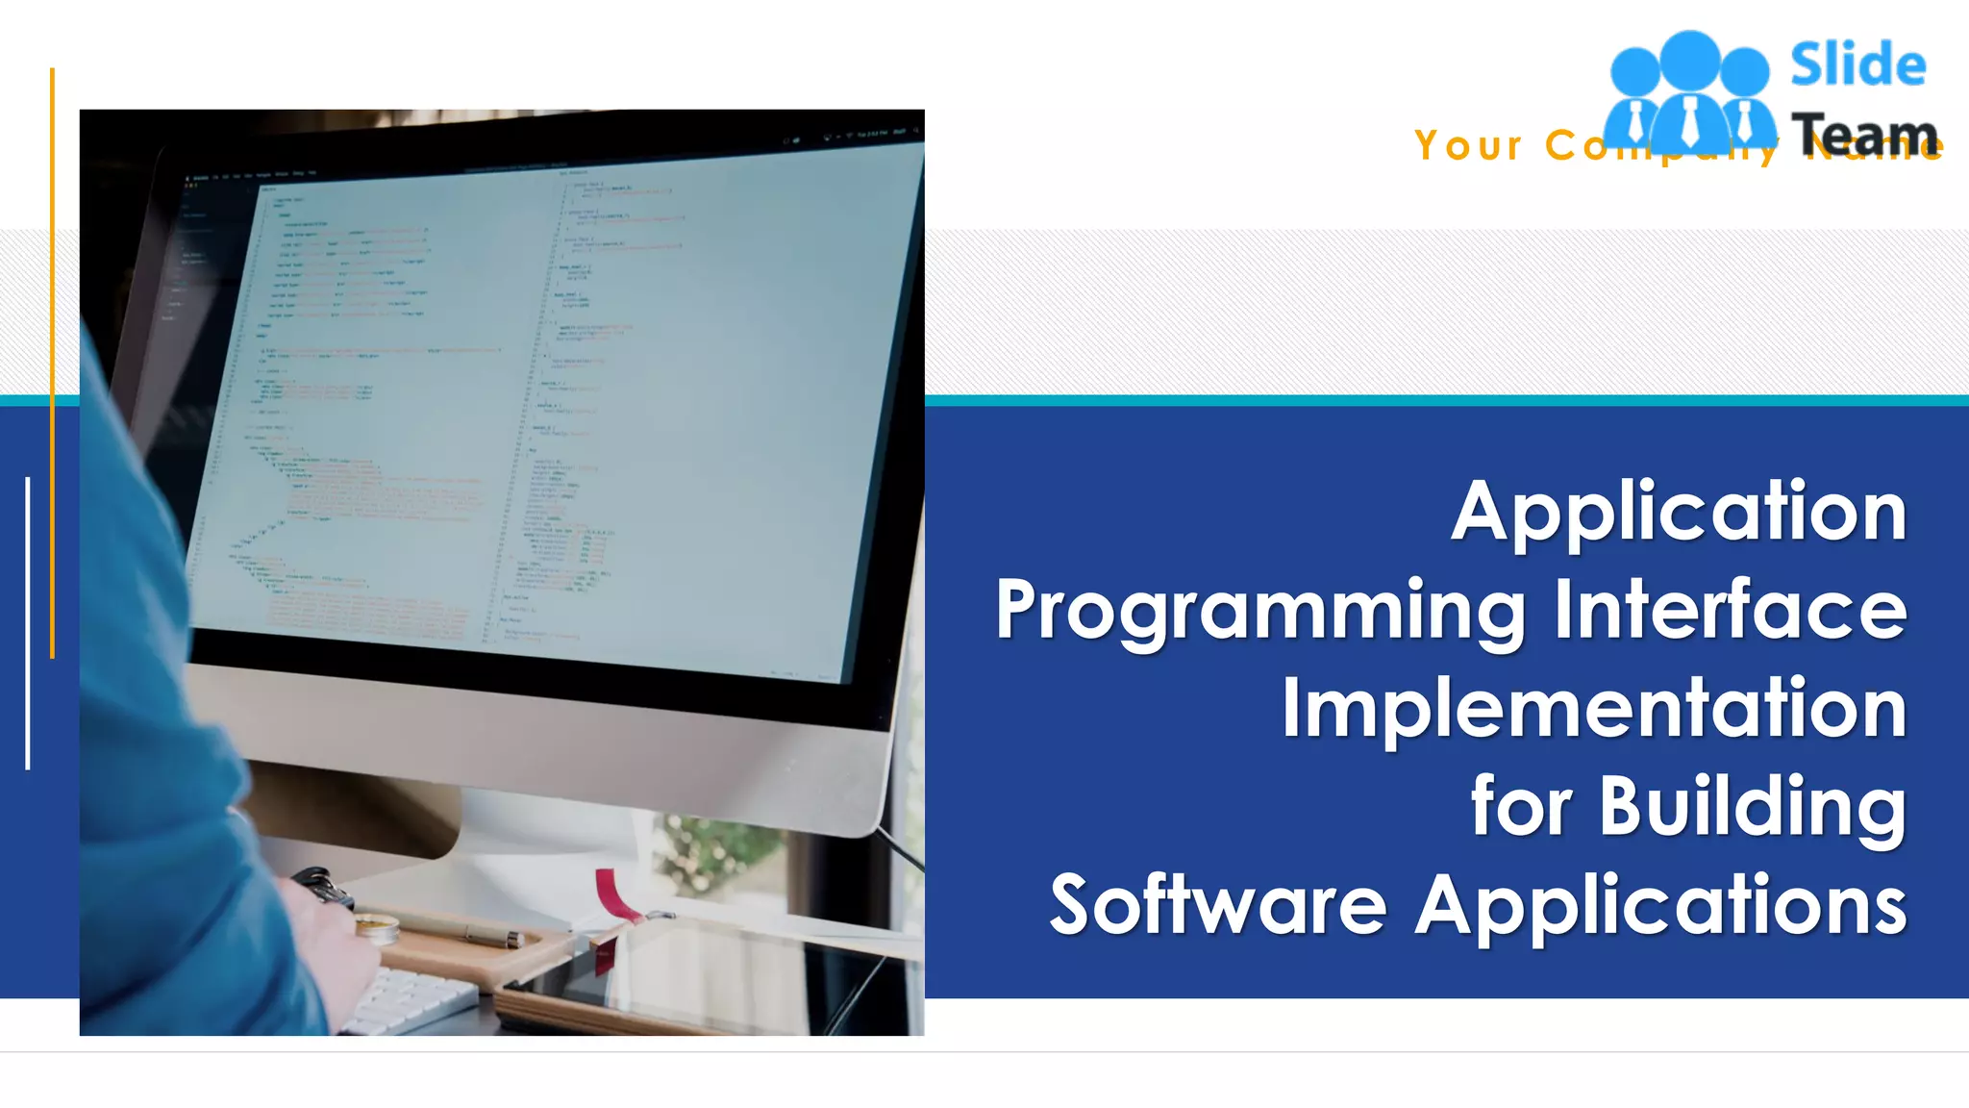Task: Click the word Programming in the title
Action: pos(1260,612)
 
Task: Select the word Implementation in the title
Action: pos(1594,708)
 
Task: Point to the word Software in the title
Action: pos(1217,905)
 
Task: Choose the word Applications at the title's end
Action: pos(1661,905)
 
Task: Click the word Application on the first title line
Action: pos(1679,513)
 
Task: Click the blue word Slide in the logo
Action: pos(1857,65)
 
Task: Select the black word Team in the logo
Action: pos(1863,134)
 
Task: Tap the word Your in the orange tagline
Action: pos(1468,146)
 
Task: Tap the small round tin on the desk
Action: pos(377,928)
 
